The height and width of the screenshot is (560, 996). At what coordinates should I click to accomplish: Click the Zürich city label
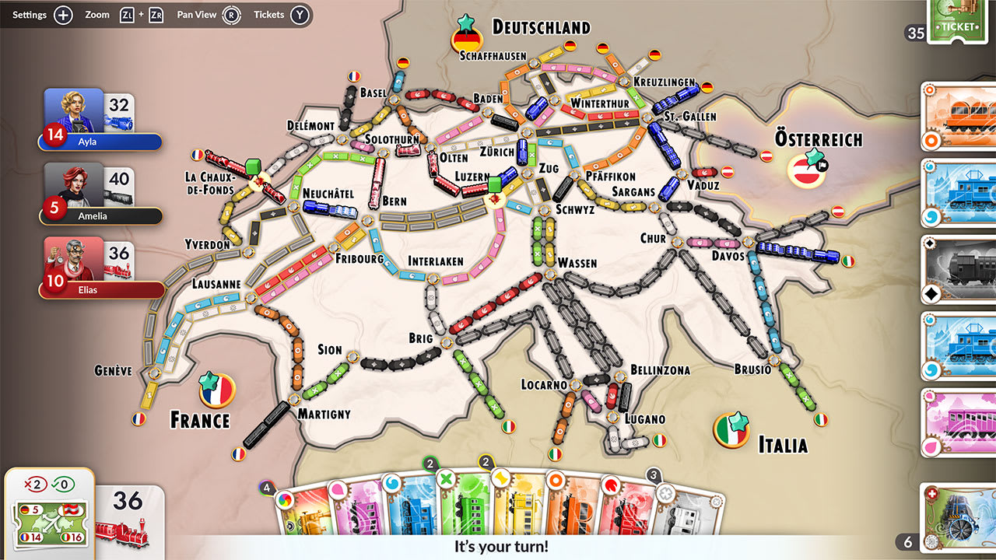coord(497,152)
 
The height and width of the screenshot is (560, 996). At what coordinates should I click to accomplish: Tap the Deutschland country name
coord(541,27)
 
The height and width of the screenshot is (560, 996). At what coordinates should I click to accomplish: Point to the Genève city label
coord(114,370)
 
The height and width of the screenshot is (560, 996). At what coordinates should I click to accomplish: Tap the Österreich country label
coord(819,139)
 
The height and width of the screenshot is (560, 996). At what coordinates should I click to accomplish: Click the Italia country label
coord(783,445)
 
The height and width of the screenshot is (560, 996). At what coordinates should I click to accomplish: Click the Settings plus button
coord(64,15)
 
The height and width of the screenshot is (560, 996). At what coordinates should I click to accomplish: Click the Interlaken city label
coord(436,261)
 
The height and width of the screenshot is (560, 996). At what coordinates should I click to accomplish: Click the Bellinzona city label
coord(660,370)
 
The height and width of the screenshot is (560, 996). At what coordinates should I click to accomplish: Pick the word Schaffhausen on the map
coord(493,56)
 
